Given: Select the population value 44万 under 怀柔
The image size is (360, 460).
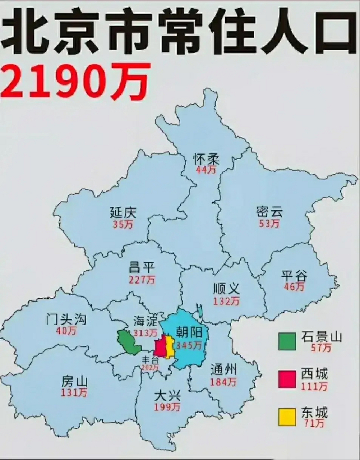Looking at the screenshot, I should (x=206, y=170).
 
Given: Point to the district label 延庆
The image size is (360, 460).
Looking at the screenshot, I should (x=123, y=213).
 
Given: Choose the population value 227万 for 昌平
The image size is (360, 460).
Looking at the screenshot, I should (x=142, y=279).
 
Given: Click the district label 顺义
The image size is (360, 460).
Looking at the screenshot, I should (x=226, y=289).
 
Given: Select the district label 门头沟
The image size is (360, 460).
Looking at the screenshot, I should (x=66, y=319).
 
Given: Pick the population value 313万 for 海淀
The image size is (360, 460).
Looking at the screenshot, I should (x=145, y=333).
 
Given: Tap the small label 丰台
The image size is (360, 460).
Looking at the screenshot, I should (x=149, y=359).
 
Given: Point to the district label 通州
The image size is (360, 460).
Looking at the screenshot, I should (x=223, y=369).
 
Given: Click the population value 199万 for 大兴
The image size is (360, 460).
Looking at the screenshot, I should (x=167, y=407).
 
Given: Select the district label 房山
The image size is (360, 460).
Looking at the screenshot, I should (x=74, y=381).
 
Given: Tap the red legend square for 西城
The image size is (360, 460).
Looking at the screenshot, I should (x=287, y=379).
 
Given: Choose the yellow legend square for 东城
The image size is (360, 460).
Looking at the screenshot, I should (x=287, y=417).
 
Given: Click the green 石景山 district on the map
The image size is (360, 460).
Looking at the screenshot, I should (x=129, y=342).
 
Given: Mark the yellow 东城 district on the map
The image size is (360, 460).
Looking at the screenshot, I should (x=170, y=347).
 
